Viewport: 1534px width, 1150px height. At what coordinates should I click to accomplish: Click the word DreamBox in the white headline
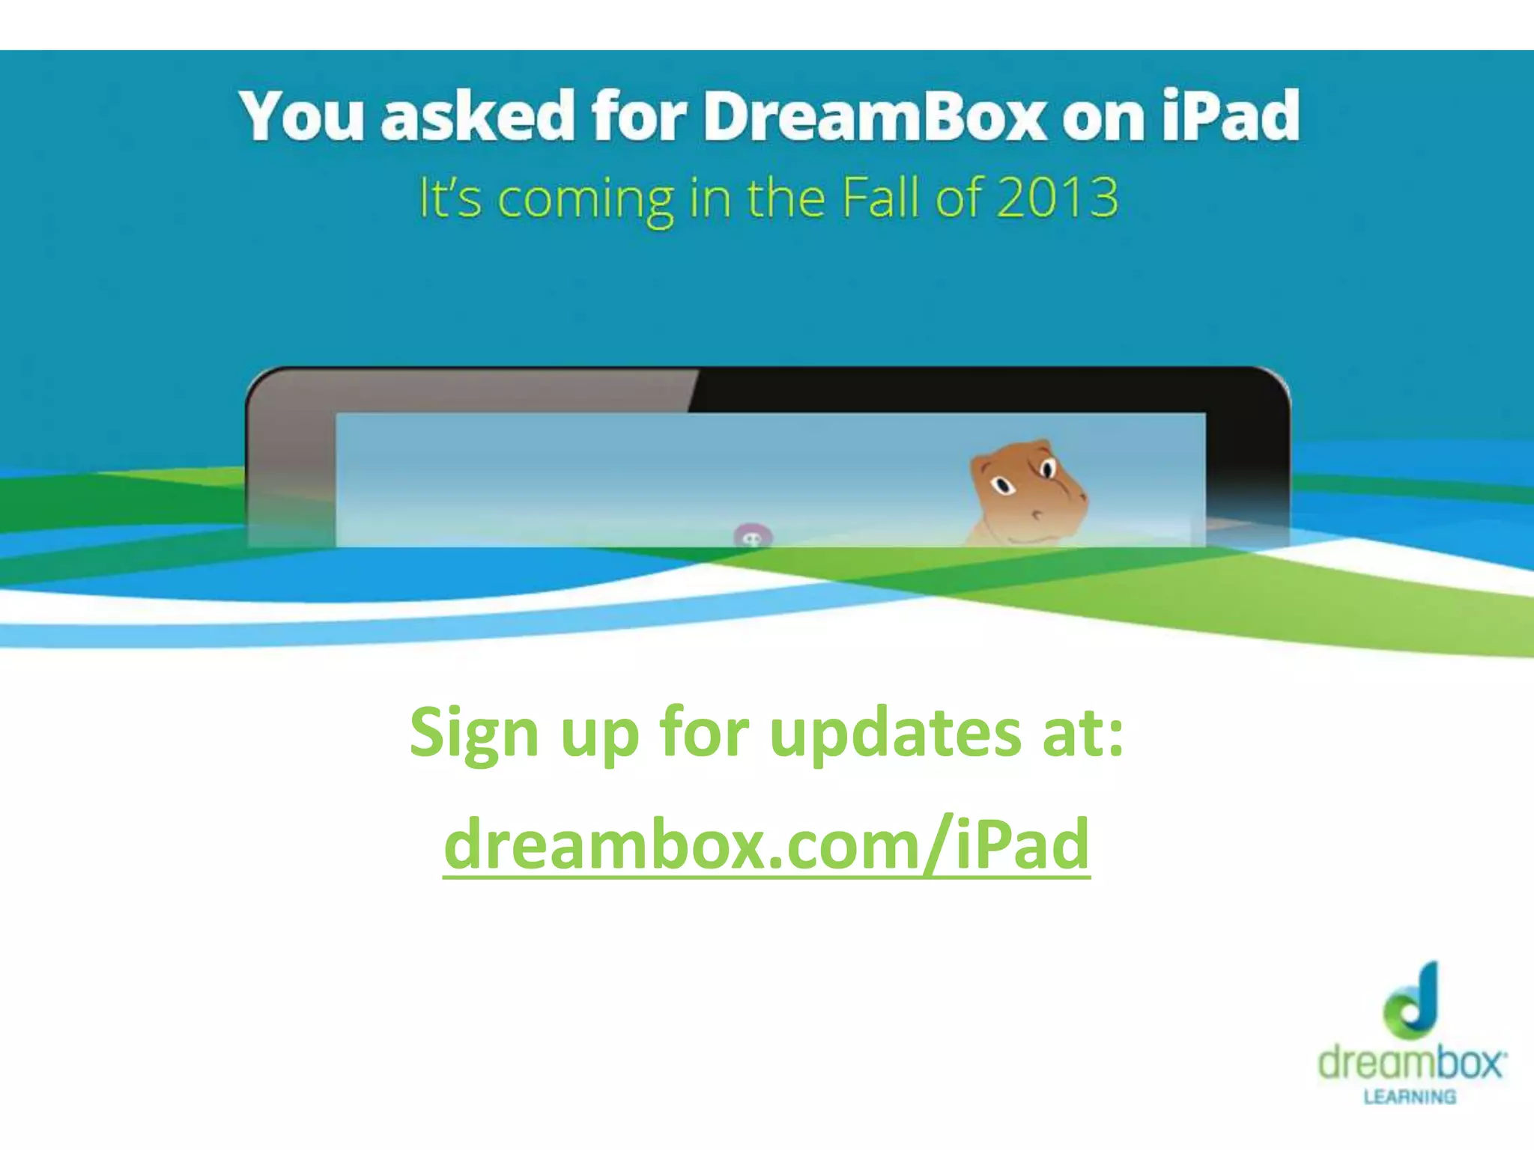coord(873,116)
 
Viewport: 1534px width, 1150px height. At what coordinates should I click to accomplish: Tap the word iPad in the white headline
coord(1231,116)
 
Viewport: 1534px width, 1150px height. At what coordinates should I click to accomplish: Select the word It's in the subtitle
coord(449,198)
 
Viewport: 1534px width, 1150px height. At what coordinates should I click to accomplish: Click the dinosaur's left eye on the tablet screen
coord(1001,486)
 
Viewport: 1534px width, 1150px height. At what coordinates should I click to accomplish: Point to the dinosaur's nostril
coord(1037,514)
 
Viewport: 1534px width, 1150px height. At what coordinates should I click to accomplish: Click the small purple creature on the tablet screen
coord(752,537)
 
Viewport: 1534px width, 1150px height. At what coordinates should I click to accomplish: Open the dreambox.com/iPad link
coord(766,845)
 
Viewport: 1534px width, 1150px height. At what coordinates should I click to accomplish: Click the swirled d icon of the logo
coord(1411,999)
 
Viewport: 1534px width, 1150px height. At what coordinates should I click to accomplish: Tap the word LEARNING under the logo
coord(1410,1097)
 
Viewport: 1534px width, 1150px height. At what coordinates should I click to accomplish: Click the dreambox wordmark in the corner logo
coord(1411,1062)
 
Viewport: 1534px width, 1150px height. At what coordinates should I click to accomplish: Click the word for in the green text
coord(704,732)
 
